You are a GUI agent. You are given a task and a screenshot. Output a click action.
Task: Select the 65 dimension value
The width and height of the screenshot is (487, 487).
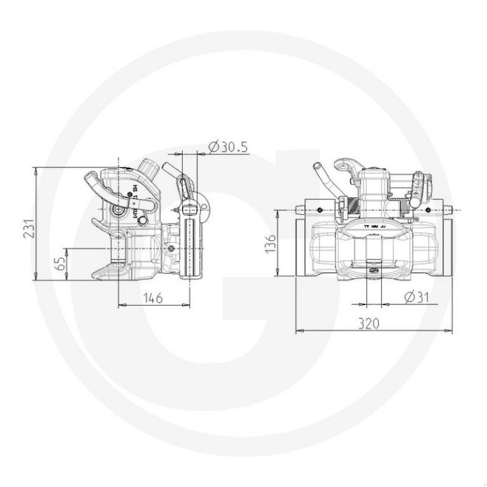coord(60,264)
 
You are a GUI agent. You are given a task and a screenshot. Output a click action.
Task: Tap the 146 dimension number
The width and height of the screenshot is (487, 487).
coord(153,298)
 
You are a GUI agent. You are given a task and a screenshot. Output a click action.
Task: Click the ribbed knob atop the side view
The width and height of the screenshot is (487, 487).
coord(149,168)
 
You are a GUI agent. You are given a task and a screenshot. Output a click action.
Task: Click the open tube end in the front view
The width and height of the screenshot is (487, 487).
coord(317,167)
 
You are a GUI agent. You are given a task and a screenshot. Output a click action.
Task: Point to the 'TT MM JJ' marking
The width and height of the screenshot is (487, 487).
coord(374,226)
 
